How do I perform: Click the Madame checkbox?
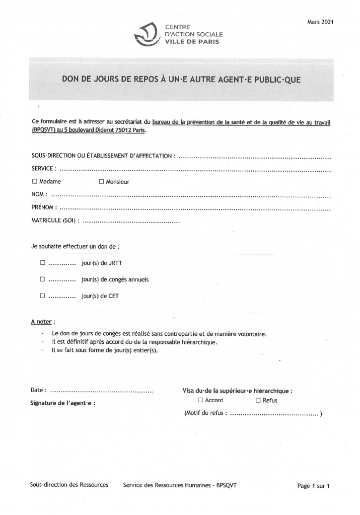tap(35, 181)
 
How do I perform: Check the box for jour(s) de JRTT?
tap(43, 263)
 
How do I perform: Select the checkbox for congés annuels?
tap(43, 279)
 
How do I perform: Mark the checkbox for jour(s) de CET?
tap(43, 296)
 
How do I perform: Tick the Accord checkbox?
tap(200, 400)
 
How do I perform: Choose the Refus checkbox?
tap(258, 400)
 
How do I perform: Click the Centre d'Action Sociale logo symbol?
tap(148, 34)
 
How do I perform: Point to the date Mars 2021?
tap(320, 22)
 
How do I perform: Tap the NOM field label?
tap(39, 194)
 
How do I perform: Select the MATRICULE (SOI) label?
tap(55, 220)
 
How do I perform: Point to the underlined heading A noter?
tap(42, 321)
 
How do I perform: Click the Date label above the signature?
tap(39, 390)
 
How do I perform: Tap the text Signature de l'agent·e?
tap(62, 403)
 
